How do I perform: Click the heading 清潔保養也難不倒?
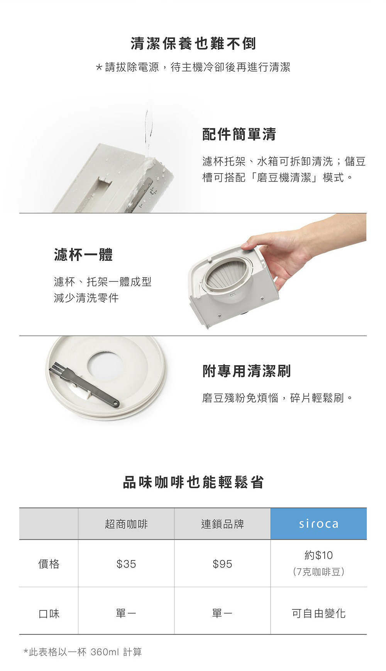click(193, 43)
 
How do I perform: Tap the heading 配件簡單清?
click(239, 134)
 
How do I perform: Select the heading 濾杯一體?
click(83, 255)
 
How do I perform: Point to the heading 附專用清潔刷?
click(247, 371)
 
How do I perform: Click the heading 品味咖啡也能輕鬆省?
click(193, 482)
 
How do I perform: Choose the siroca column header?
click(319, 524)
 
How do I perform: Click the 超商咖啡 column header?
click(126, 524)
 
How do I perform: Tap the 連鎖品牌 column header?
click(222, 524)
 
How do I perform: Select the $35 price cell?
click(126, 564)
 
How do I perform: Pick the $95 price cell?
click(222, 564)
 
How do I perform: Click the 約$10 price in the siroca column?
click(318, 555)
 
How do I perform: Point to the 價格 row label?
click(49, 564)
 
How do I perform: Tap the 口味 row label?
click(49, 613)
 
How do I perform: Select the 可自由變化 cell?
click(318, 613)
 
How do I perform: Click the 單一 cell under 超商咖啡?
click(126, 613)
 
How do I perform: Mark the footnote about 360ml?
click(83, 652)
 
